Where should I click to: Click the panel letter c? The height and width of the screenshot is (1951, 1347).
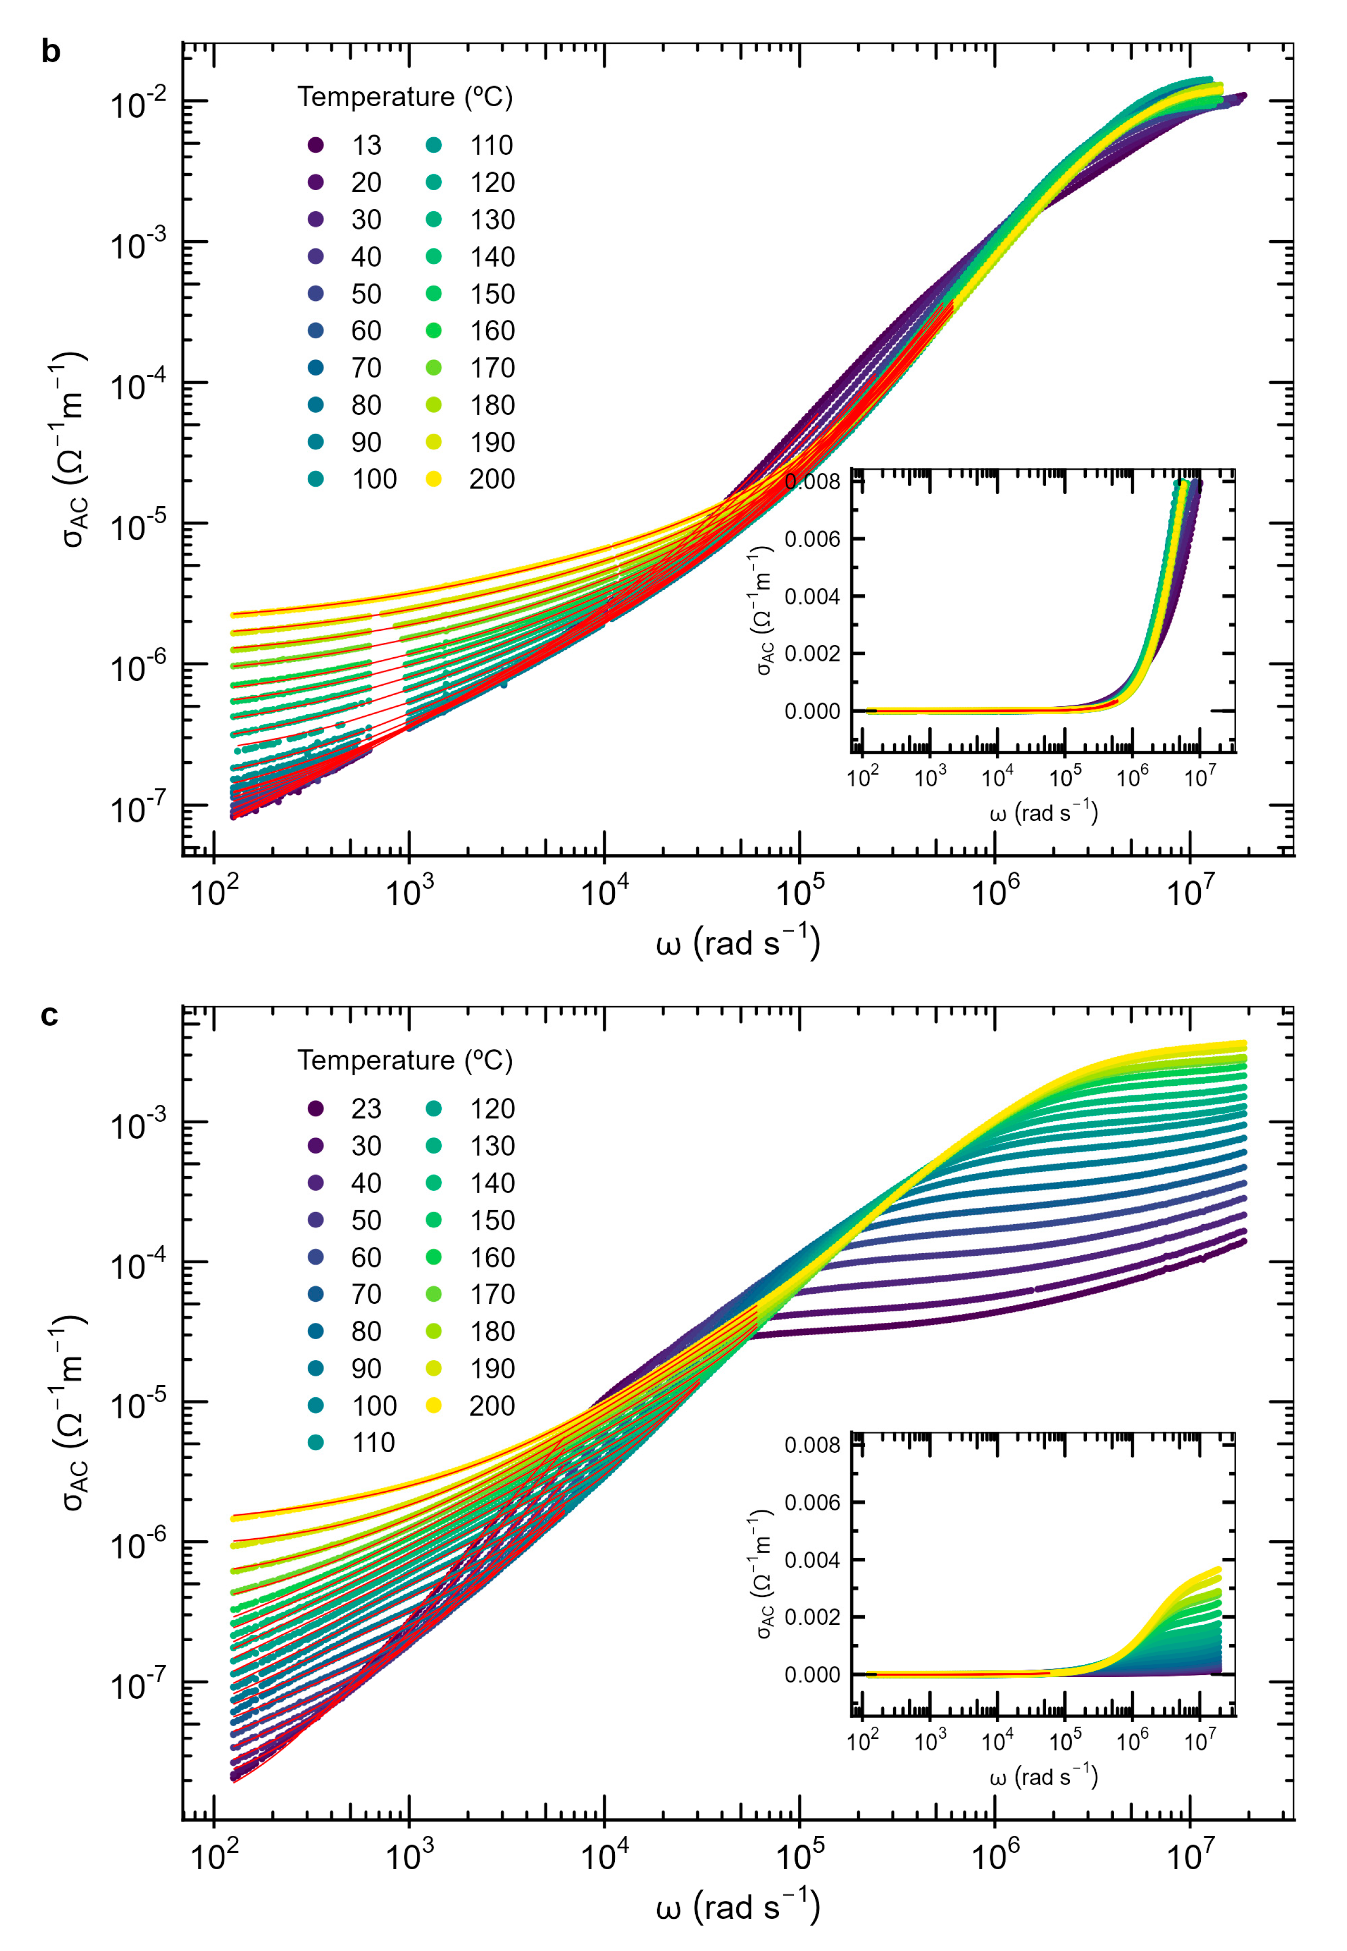(x=49, y=1015)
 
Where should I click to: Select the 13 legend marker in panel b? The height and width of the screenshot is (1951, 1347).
(x=316, y=145)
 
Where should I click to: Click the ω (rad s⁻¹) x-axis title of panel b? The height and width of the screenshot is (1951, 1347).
(x=738, y=943)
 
